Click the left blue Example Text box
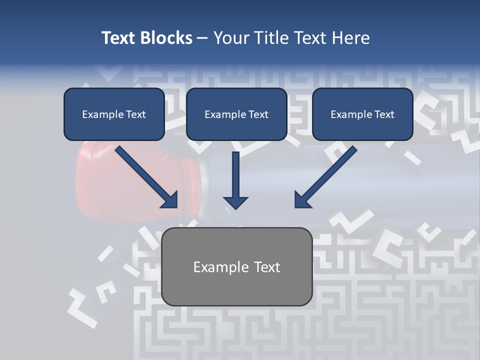114,114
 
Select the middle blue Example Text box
236,114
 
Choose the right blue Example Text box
362,114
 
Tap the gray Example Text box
236,266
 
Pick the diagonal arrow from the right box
325,177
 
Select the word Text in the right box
384,114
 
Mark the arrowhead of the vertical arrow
235,201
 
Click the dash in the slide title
202,38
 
